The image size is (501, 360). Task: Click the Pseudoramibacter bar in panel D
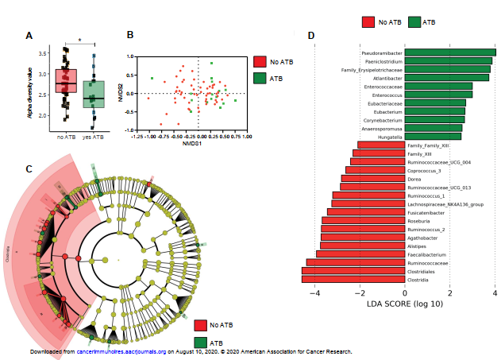(x=450, y=53)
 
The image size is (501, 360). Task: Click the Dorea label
(x=414, y=180)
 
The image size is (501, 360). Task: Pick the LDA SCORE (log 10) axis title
(x=405, y=304)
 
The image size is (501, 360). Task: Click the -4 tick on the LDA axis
(x=316, y=292)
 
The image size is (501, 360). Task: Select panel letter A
(x=29, y=36)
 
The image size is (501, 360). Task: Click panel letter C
(x=29, y=168)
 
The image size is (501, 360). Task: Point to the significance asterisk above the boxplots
(x=79, y=41)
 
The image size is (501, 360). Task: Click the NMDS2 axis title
(x=121, y=92)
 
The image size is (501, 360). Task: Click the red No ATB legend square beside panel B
(x=260, y=61)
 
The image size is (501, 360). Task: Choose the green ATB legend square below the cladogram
(x=201, y=343)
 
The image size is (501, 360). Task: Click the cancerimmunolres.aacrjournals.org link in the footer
(x=121, y=351)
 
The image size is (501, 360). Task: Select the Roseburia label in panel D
(x=419, y=221)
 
